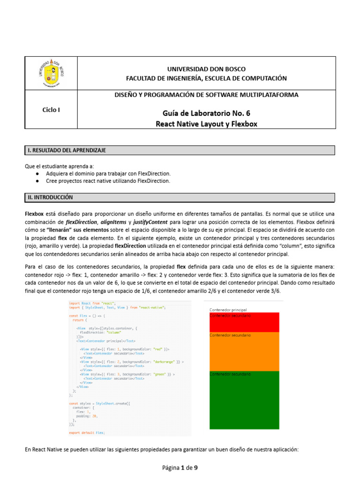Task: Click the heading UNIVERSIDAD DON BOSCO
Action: (x=206, y=69)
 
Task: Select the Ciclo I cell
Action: (x=52, y=110)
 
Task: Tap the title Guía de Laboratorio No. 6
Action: (x=206, y=113)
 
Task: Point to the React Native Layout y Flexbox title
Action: (x=206, y=124)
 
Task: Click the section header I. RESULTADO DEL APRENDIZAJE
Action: (x=66, y=150)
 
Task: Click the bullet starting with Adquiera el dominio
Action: (x=108, y=173)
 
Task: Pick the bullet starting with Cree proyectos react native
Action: (x=108, y=180)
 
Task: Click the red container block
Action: (x=244, y=323)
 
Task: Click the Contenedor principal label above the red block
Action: (x=228, y=310)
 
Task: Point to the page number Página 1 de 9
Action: (x=180, y=467)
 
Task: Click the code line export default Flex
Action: (x=87, y=433)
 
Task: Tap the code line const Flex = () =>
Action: (x=84, y=316)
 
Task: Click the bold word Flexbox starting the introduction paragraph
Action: (x=34, y=213)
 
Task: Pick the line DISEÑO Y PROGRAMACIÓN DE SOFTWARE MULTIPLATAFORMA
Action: (x=206, y=95)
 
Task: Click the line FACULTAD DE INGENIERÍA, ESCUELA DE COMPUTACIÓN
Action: (x=206, y=78)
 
